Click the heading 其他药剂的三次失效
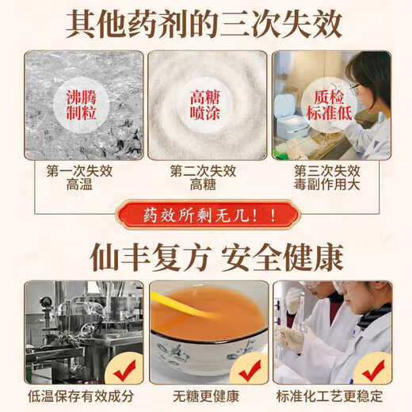coord(205,23)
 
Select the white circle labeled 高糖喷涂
coord(206,105)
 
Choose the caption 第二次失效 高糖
coord(205,177)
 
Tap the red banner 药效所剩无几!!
coord(208,215)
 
